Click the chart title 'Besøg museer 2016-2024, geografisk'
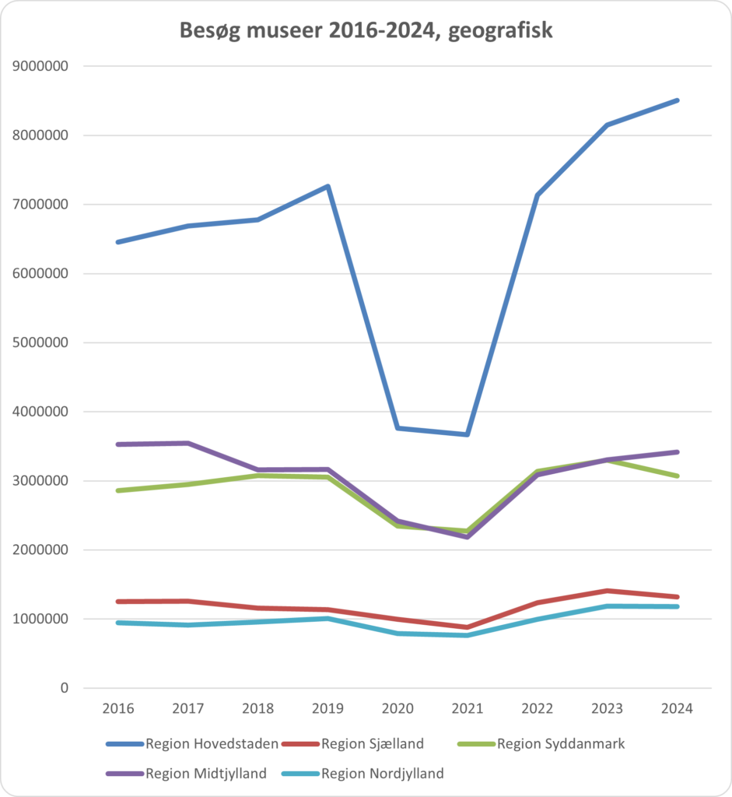(x=366, y=30)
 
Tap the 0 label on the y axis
(x=65, y=688)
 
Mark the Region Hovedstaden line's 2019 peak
(x=328, y=187)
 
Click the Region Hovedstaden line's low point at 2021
(x=468, y=434)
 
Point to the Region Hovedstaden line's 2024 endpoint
(x=677, y=100)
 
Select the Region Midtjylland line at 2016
(x=118, y=444)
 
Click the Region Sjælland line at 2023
(x=607, y=591)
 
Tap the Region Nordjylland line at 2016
(x=118, y=623)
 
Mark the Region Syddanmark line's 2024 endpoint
(x=677, y=476)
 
